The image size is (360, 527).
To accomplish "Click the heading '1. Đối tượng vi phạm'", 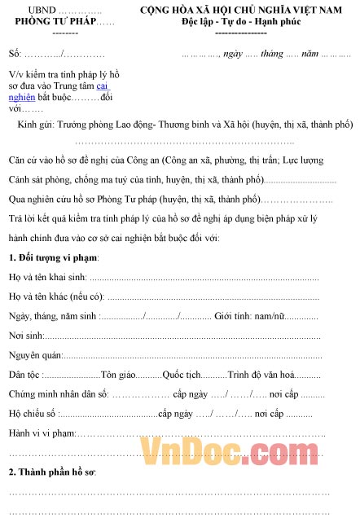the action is click(54, 258).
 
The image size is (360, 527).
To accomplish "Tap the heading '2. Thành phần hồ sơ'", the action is click(53, 472).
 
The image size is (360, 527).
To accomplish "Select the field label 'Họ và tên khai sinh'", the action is click(48, 278).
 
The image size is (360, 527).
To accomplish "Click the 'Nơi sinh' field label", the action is click(24, 335).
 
